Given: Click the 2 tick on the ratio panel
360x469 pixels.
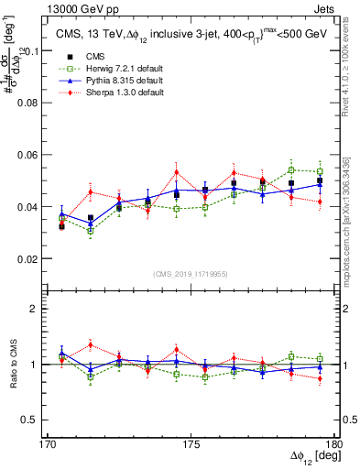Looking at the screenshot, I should pos(40,309).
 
